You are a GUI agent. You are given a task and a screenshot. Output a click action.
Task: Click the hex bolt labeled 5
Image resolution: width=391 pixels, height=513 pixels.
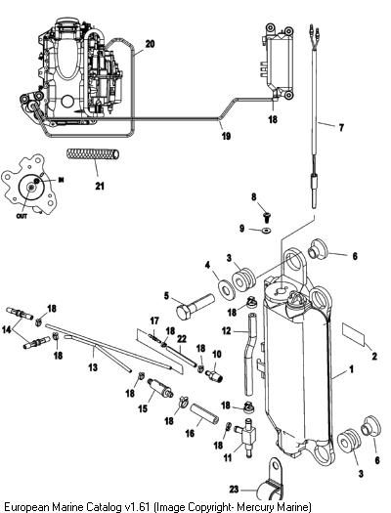click(195, 307)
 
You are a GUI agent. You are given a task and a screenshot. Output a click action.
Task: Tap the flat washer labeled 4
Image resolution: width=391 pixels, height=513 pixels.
click(227, 289)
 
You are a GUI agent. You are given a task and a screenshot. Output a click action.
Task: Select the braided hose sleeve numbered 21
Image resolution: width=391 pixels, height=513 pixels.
click(93, 154)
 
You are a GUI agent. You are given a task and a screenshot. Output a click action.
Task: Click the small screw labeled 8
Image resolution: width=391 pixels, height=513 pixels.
click(267, 216)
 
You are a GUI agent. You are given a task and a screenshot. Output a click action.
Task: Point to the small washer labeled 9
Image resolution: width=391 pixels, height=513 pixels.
click(266, 231)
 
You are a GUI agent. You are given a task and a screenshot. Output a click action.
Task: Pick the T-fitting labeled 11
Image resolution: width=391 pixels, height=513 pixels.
click(247, 437)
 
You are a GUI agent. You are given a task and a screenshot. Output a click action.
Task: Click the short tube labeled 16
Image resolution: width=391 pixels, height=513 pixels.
click(205, 415)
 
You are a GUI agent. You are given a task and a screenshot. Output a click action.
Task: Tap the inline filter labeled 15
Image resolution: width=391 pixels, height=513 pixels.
click(159, 388)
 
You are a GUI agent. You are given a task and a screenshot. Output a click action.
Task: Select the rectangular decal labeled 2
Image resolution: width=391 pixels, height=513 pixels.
click(354, 334)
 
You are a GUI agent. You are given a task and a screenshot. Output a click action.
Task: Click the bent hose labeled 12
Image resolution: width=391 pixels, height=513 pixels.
click(250, 355)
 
